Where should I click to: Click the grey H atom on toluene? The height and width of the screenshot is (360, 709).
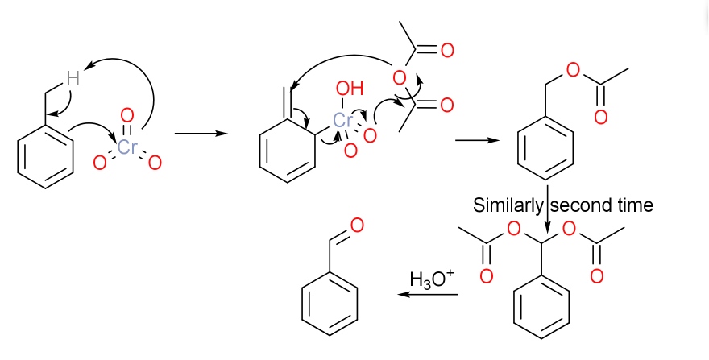click(73, 78)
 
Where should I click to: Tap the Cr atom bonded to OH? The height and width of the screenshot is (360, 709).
click(344, 121)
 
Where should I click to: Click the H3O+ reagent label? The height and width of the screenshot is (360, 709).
click(432, 279)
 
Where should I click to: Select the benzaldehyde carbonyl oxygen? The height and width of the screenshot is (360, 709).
click(357, 224)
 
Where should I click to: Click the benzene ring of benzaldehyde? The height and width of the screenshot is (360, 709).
click(330, 303)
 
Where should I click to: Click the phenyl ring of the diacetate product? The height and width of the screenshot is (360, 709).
click(541, 310)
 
